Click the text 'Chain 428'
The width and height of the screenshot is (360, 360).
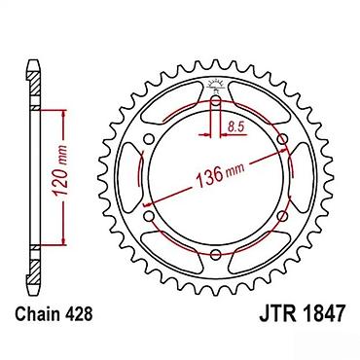click(54, 314)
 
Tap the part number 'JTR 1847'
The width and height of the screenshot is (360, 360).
click(302, 313)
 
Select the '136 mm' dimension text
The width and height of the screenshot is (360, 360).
click(220, 175)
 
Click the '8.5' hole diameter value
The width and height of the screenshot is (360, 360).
click(235, 126)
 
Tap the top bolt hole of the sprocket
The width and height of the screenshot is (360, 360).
click(216, 101)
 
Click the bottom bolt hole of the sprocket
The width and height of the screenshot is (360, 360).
click(216, 255)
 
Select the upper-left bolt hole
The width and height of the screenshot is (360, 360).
click(149, 139)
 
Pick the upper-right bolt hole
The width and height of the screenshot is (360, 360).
click(283, 139)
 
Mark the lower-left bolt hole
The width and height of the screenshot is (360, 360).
click(149, 215)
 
